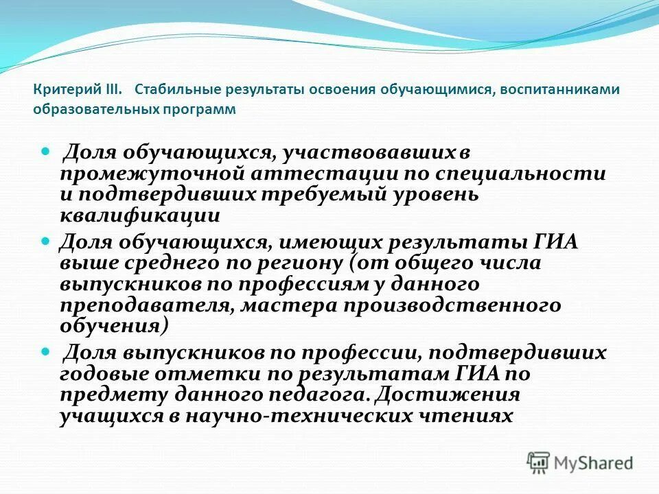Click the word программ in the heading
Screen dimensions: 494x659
(x=203, y=109)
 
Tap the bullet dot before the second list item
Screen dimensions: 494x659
(x=47, y=242)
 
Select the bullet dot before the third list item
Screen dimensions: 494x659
(x=47, y=352)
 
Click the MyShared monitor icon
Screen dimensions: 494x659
(x=540, y=462)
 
